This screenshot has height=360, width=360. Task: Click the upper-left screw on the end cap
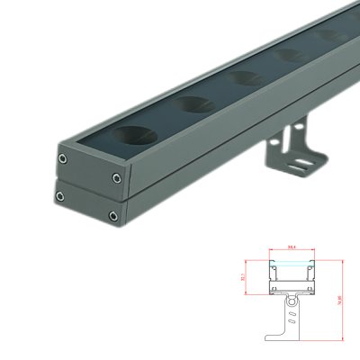pos(63,158)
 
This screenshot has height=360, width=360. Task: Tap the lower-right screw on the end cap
pos(113,215)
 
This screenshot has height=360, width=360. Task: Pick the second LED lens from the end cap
pos(194,104)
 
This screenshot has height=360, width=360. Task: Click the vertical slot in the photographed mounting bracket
pos(289,143)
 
